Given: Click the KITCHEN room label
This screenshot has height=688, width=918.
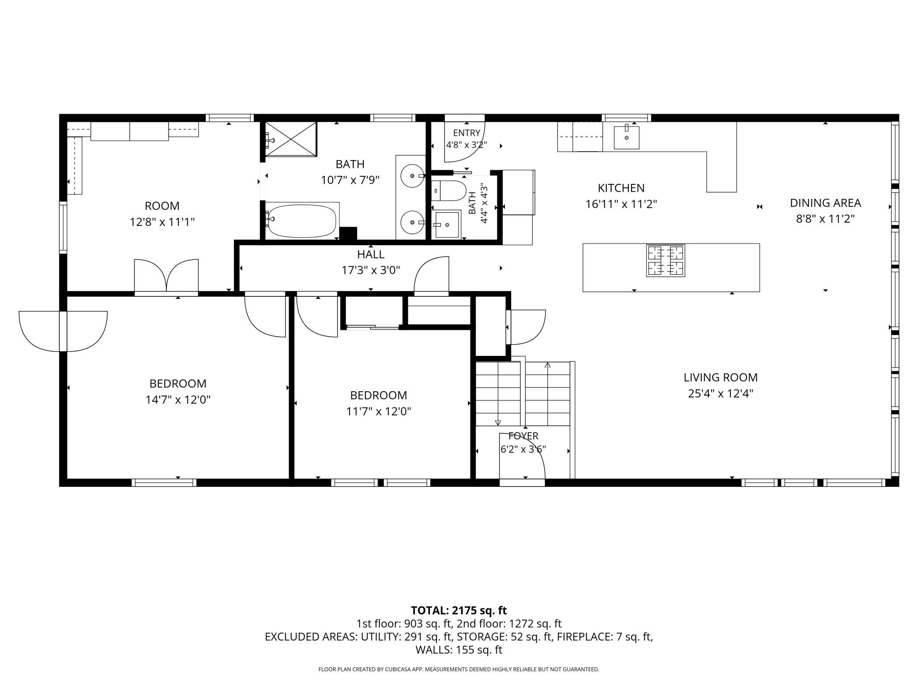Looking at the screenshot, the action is tap(621, 188).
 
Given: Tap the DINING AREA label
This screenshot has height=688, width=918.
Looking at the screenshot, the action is tap(825, 203).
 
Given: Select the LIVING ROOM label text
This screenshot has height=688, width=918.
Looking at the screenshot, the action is tap(720, 378).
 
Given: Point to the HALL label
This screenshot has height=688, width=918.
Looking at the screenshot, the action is tap(371, 254).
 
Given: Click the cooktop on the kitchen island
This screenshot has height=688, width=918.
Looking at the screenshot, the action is tap(666, 260).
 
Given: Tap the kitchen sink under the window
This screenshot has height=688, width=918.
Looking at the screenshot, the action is tap(626, 137).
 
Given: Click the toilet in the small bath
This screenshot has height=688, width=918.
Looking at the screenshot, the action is tap(448, 191).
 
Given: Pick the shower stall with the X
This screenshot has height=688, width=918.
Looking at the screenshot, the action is tap(291, 139).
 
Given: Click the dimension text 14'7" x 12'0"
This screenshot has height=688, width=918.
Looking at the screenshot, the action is tap(178, 400).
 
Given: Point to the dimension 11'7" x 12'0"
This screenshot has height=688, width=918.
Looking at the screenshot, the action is tap(379, 411).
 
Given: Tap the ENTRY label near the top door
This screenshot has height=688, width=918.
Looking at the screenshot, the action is tap(467, 133).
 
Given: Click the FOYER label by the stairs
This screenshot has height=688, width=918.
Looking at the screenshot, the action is tap(523, 436).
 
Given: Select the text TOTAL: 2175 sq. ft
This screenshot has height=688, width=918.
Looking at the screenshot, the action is tap(459, 610).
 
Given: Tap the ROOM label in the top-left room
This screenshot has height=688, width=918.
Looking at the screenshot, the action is tap(162, 206).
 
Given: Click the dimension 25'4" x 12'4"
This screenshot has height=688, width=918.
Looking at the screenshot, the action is tap(720, 393).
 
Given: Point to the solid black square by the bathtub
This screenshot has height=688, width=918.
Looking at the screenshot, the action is tap(348, 233).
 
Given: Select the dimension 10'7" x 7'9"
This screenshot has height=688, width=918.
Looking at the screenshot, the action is tap(350, 180).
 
